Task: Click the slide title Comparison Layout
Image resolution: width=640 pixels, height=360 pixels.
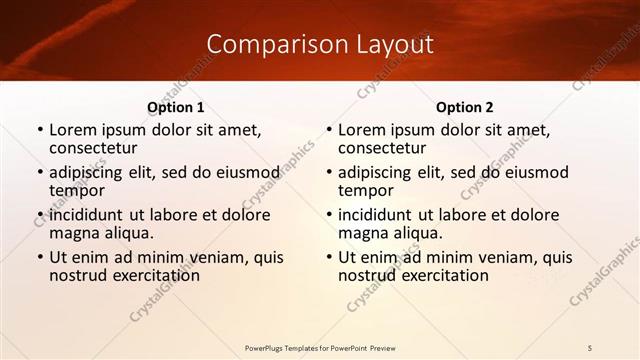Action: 320,44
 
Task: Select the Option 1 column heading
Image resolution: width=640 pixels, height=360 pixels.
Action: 176,107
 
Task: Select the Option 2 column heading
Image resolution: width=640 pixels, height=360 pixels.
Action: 465,107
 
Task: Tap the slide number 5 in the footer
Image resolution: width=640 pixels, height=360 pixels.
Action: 590,347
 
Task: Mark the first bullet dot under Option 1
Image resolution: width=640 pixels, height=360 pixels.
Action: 39,130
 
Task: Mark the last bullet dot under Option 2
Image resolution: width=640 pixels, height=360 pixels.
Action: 328,258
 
